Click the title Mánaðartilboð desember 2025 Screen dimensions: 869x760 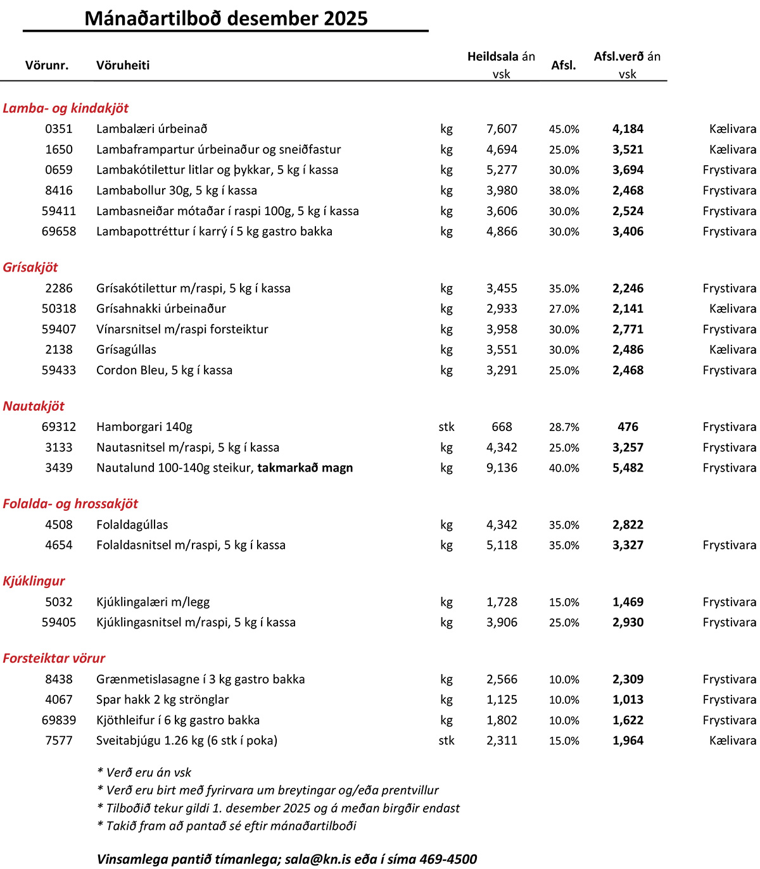click(226, 18)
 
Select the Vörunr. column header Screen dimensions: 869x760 click(47, 65)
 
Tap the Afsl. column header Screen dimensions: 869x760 click(564, 65)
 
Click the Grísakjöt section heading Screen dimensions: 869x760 click(30, 267)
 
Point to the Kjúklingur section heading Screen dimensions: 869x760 click(34, 581)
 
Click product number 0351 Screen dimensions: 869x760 click(59, 129)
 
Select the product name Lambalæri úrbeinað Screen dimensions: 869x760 click(152, 129)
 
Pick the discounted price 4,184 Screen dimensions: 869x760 click(628, 129)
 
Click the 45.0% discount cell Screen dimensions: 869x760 click(564, 129)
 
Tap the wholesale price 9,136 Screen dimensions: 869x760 click(502, 468)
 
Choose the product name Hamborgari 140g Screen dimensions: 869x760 click(144, 427)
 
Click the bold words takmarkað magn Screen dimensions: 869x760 click(305, 468)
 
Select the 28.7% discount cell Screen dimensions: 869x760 click(564, 427)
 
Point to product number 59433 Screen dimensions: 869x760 click(59, 370)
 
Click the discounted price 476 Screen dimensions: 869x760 click(628, 427)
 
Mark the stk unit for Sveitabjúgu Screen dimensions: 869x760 click(446, 741)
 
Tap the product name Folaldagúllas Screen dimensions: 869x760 click(132, 525)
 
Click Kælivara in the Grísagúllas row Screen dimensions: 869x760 click(733, 350)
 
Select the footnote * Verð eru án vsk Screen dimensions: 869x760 click(144, 773)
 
